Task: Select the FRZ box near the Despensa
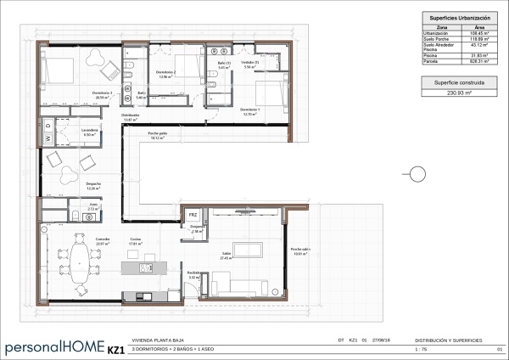click(x=193, y=216)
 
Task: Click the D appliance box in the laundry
click(x=48, y=127)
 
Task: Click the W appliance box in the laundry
click(x=48, y=138)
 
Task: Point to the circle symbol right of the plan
click(x=417, y=176)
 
